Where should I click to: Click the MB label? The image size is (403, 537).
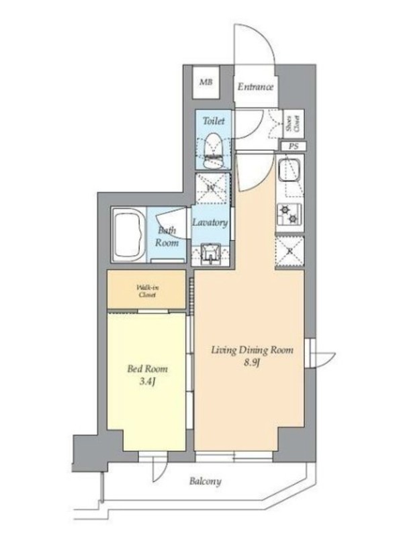coord(206,82)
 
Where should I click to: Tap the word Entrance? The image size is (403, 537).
coord(255,87)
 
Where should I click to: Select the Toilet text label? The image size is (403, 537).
coord(214,121)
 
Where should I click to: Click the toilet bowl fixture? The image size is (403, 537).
coord(213,150)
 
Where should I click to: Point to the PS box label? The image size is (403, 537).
coord(294,146)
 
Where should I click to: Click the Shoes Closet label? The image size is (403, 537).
coord(293,124)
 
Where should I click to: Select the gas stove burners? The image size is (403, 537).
coord(289,214)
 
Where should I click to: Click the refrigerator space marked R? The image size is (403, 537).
coord(290,251)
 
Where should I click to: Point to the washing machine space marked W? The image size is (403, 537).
coord(212,188)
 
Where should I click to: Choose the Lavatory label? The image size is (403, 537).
coord(210,223)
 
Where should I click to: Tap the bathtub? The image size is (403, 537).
coord(128,236)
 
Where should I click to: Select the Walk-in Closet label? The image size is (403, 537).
coord(147,291)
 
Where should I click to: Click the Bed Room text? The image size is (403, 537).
coord(148,369)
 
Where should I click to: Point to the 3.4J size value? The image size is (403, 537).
coord(148,382)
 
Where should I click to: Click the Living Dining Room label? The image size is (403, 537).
coord(253,350)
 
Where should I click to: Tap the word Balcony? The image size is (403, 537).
coord(206,481)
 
